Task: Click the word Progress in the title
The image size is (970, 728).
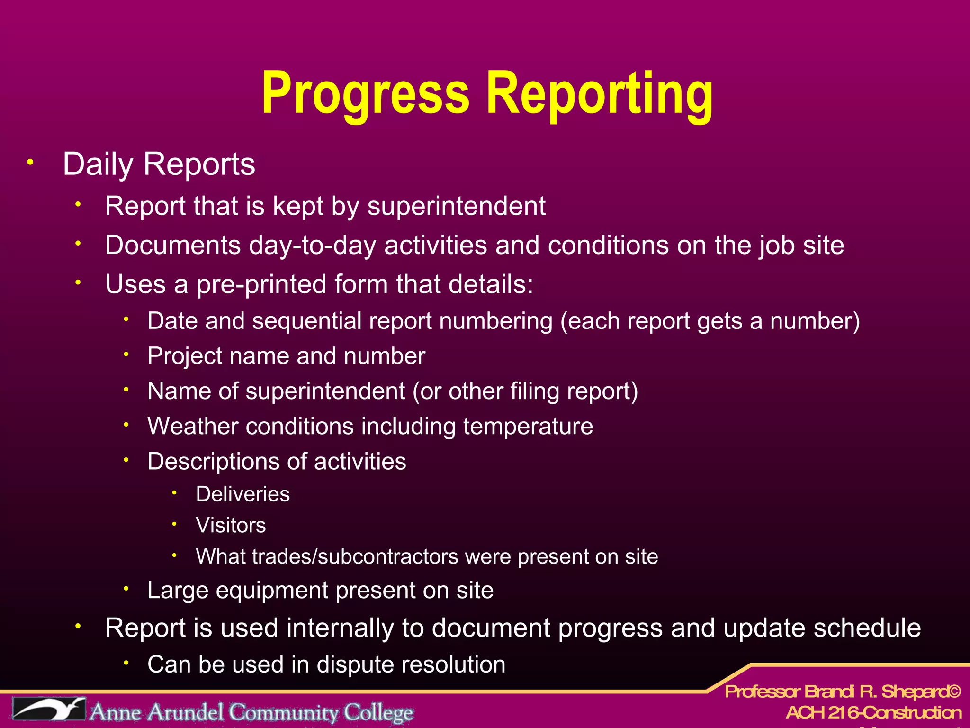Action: pos(365,93)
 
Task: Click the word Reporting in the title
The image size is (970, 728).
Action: pos(599,93)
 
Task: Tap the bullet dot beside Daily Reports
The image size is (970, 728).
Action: pos(30,163)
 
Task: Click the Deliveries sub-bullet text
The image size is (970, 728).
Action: pos(242,494)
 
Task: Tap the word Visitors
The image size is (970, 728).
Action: pos(231,526)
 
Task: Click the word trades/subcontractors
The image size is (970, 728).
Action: pos(355,556)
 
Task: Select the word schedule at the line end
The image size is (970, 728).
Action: pos(867,628)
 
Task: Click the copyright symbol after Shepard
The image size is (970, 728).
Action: pos(955,692)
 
